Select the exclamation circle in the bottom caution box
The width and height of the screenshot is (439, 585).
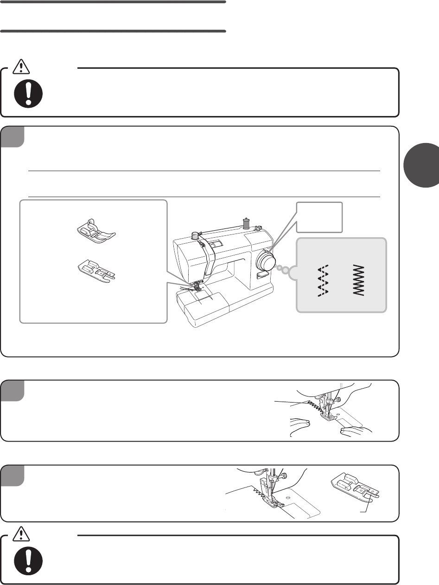(29, 560)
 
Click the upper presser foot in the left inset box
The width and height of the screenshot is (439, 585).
(95, 232)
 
